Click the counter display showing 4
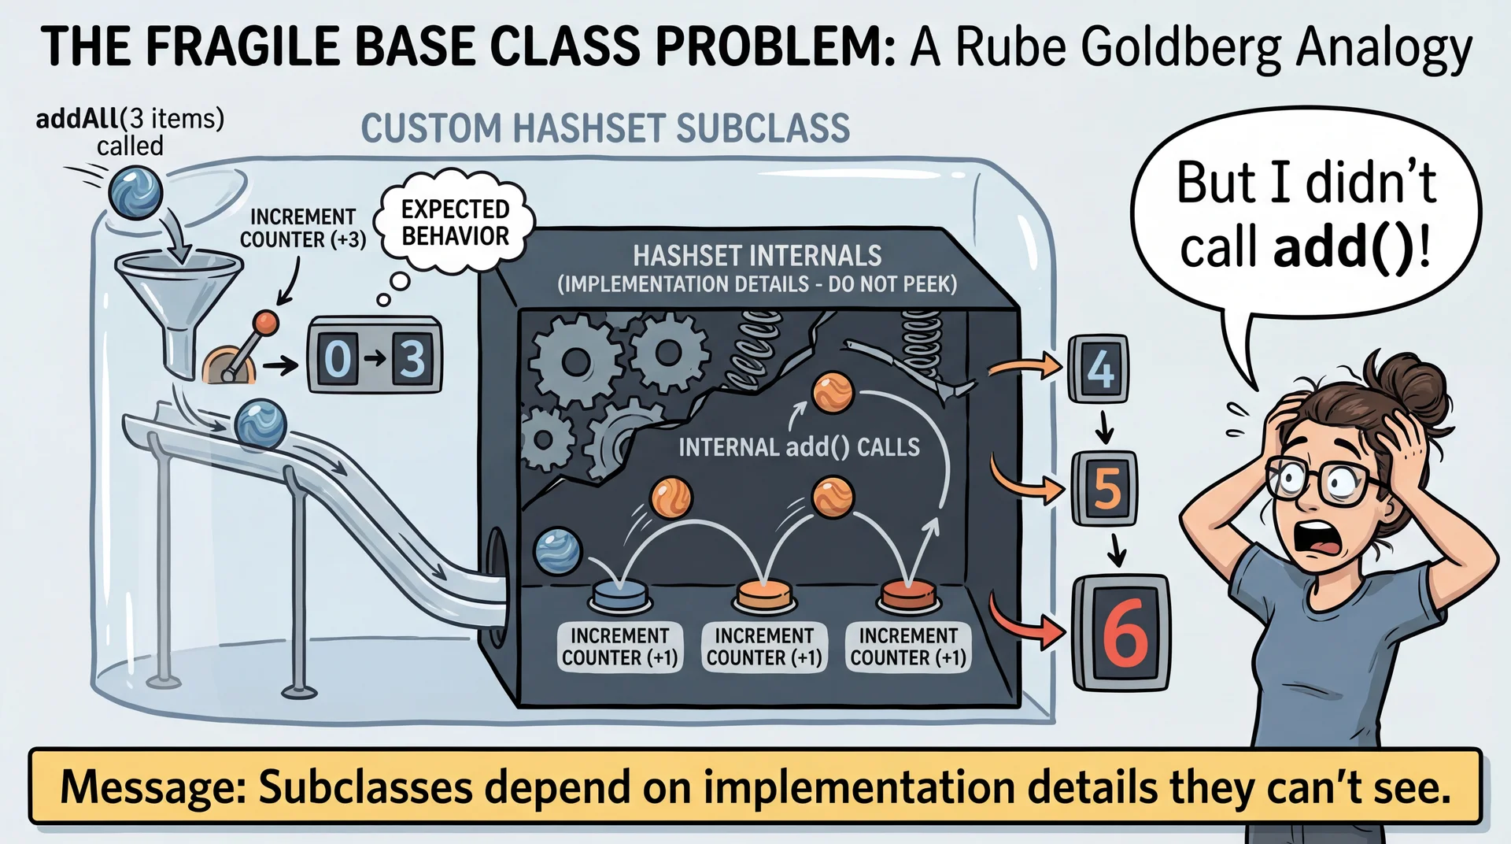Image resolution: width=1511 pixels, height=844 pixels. (x=1099, y=368)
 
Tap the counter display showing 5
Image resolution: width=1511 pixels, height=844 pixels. (x=1106, y=488)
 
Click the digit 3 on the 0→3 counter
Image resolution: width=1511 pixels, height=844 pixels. (x=412, y=359)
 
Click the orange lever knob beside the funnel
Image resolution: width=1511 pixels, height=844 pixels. (x=266, y=321)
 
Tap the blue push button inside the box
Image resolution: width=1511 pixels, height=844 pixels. (x=619, y=595)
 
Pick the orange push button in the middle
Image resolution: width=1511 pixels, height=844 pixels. (x=763, y=595)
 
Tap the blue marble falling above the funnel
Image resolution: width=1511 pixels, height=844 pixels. (x=135, y=191)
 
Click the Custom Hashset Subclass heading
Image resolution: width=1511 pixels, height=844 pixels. (x=605, y=128)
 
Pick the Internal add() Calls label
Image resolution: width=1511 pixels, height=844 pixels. (x=799, y=447)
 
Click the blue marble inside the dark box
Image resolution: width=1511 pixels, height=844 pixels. (x=557, y=550)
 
